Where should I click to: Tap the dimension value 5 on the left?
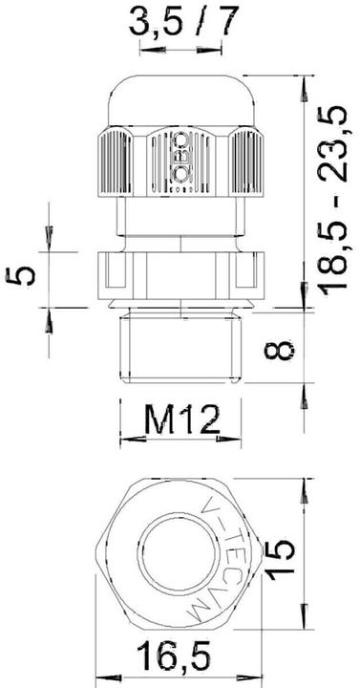(28, 275)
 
